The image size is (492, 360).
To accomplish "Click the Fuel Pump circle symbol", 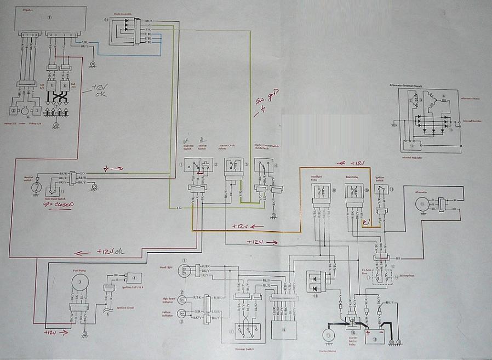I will coord(81,282).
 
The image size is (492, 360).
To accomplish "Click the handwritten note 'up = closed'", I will coord(58,204).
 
